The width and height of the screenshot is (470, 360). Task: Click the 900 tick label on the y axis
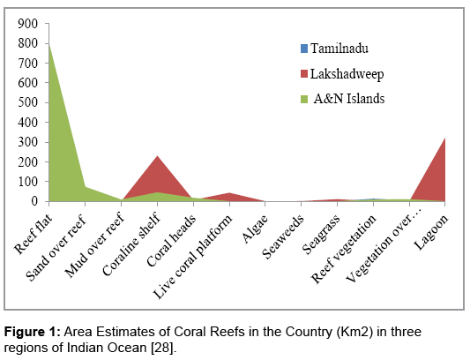tap(28, 24)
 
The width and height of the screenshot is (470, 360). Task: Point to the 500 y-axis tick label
tap(28, 102)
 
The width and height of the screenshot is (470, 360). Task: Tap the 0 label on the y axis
tap(34, 201)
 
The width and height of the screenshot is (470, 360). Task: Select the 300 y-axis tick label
tap(28, 142)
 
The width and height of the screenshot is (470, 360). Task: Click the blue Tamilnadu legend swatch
tap(304, 49)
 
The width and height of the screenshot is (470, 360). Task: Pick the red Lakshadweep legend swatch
tap(304, 74)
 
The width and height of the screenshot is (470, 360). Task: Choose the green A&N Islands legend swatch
tap(304, 99)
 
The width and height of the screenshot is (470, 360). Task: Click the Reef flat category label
tap(34, 234)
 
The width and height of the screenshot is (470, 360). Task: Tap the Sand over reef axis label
tap(56, 247)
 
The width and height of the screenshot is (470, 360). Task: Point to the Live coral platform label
tap(192, 257)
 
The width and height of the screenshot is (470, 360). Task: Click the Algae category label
tap(255, 229)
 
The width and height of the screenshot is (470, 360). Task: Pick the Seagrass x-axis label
tap(321, 234)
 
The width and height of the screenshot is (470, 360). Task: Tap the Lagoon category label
tap(431, 232)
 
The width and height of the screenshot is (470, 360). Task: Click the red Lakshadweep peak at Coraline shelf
tap(157, 156)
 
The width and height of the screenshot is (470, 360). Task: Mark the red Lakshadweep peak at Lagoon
tap(444, 139)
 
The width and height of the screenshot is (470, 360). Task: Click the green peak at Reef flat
tap(49, 44)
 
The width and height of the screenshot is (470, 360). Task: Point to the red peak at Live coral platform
tap(229, 193)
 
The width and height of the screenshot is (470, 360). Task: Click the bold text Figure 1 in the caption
tap(33, 332)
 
